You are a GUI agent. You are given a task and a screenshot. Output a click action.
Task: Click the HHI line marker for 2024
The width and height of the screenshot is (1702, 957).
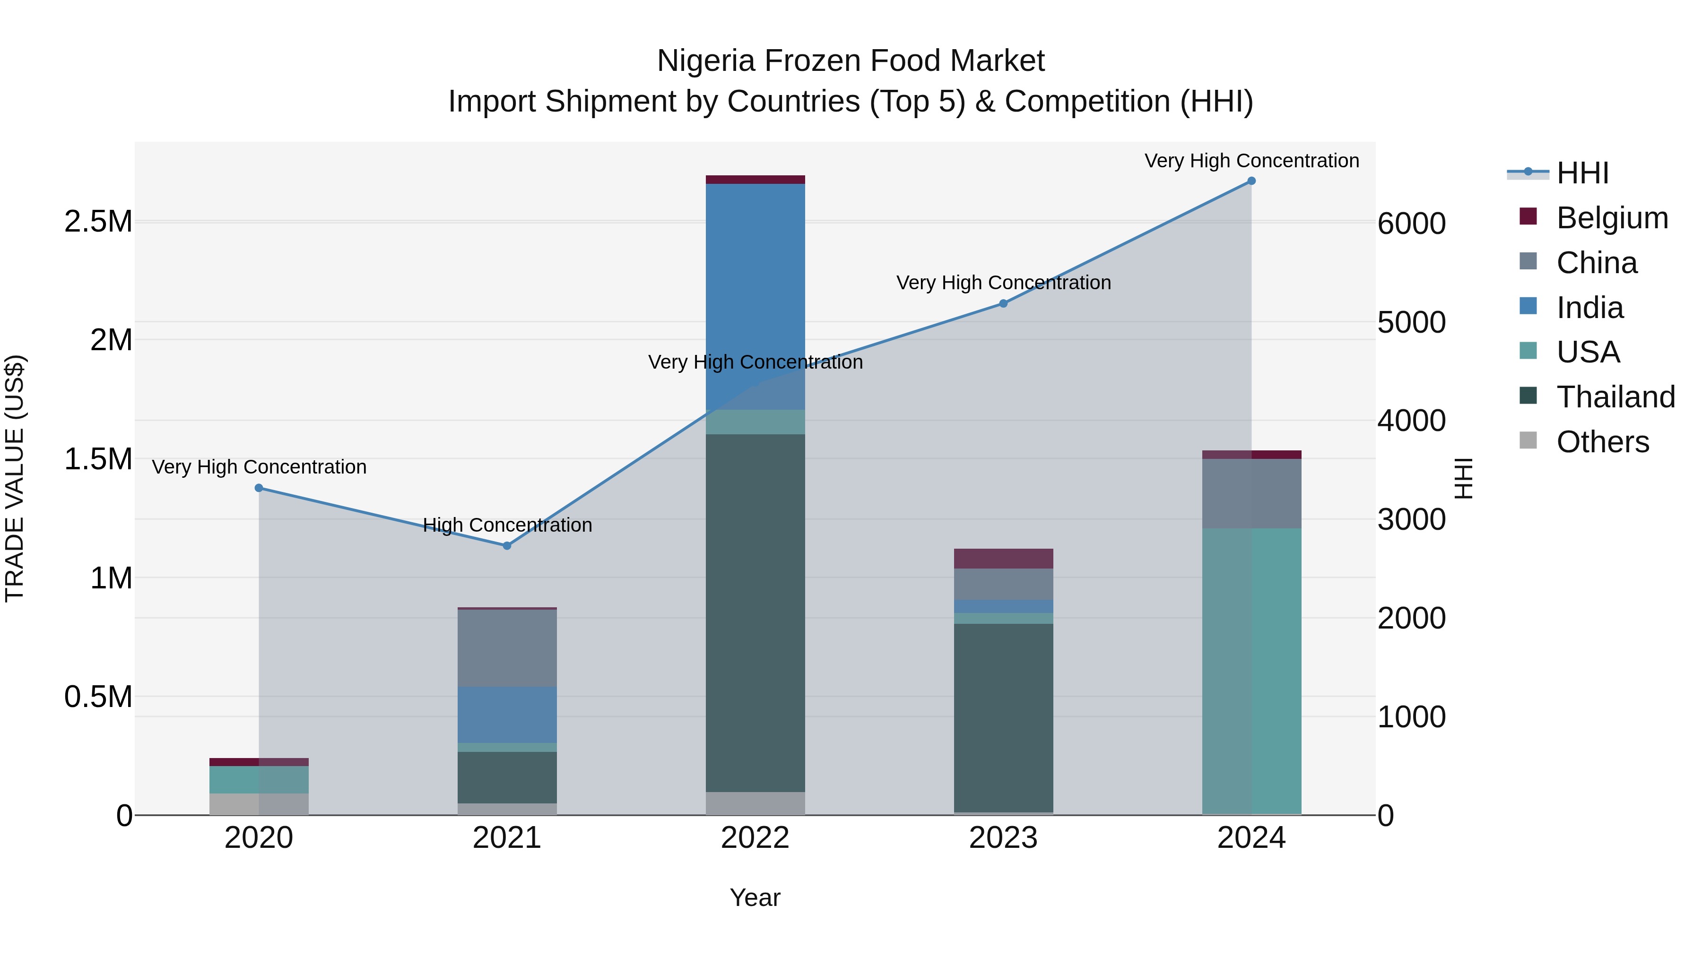1251,181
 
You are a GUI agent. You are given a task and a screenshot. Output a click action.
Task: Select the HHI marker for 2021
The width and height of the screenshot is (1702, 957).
507,545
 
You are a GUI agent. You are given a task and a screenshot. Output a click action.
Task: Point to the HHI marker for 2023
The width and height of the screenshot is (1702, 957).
1003,304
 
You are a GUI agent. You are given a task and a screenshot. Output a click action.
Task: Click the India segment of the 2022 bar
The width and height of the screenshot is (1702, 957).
755,297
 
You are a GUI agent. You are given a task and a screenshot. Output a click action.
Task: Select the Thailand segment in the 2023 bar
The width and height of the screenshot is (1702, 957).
1003,716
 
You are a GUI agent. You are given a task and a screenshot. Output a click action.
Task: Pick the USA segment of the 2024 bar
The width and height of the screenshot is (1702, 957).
1251,670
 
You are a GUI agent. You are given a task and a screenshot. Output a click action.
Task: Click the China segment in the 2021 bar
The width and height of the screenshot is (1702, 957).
507,647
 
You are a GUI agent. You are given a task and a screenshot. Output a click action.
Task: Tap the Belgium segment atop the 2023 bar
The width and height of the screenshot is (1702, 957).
1003,558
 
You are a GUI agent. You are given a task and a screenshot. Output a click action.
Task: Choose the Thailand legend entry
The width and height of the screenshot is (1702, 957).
1615,397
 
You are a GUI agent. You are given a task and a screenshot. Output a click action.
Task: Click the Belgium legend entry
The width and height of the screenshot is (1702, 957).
1612,218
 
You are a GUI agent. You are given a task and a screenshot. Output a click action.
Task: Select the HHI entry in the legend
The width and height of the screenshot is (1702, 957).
1582,173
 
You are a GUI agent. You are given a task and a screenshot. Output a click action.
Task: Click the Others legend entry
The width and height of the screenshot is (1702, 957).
1602,442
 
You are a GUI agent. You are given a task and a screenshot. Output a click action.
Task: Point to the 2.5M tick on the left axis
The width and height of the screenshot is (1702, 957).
98,222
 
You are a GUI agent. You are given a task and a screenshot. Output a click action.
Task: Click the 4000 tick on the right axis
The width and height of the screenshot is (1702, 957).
1411,421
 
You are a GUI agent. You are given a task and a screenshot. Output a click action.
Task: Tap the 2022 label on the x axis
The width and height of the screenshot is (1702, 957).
755,838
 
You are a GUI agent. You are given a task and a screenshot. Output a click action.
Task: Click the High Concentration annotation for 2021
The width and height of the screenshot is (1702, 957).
507,525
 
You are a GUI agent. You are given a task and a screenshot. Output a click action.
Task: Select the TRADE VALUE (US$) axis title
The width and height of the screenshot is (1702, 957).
15,478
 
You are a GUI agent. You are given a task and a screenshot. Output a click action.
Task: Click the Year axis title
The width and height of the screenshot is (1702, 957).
755,897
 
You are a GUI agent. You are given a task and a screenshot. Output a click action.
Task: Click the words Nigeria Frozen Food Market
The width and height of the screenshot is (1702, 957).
851,61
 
